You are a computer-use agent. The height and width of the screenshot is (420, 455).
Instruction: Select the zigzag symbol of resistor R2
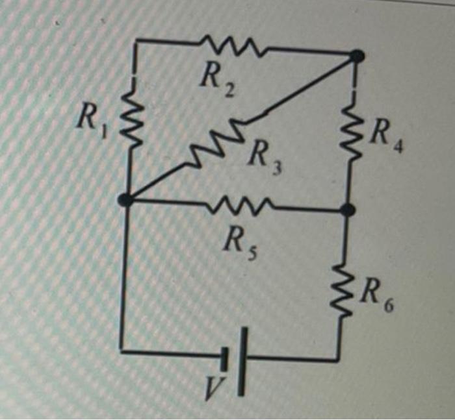coord(231,46)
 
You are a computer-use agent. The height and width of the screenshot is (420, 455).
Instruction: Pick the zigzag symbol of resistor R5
coord(240,206)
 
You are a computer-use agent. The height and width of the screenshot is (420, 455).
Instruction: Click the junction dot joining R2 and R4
coord(356,57)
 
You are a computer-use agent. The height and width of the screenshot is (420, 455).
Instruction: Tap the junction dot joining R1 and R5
coord(125,200)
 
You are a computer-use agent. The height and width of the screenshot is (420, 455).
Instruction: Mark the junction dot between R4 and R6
coord(348,210)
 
